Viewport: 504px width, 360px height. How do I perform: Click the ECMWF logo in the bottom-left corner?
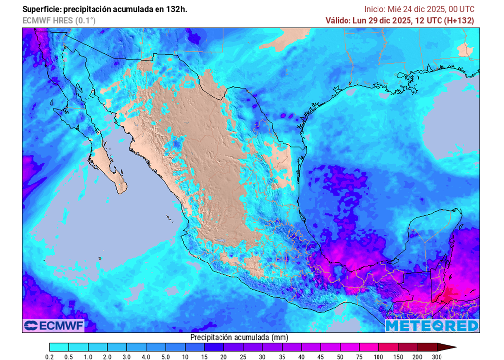click(54, 326)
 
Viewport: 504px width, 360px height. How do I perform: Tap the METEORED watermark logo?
click(432, 326)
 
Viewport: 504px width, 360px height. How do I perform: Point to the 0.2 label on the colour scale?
click(50, 357)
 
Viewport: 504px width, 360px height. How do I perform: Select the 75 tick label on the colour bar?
click(359, 357)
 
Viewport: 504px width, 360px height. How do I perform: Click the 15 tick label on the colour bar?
click(205, 357)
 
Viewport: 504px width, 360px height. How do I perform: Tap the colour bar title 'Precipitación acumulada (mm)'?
click(239, 338)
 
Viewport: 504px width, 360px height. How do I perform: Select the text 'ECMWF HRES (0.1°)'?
click(59, 20)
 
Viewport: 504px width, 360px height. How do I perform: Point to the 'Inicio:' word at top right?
click(375, 9)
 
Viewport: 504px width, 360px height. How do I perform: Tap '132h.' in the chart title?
click(176, 9)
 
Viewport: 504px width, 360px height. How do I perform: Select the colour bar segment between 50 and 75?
click(350, 347)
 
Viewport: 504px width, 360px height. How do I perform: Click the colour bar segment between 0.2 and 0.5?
click(59, 347)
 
